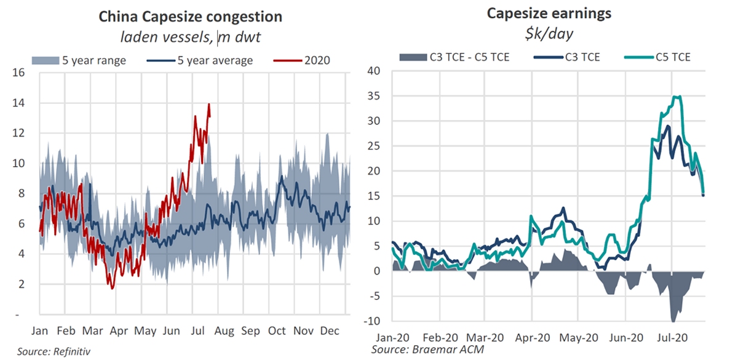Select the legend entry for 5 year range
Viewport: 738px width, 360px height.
79,60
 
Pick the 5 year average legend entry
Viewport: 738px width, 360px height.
204,60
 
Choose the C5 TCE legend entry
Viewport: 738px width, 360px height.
657,57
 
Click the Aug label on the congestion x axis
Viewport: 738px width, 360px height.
224,331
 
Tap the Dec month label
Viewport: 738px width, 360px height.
330,331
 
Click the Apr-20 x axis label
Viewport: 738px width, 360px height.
538,338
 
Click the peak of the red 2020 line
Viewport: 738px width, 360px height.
209,104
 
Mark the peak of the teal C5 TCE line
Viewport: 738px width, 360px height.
676,96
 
